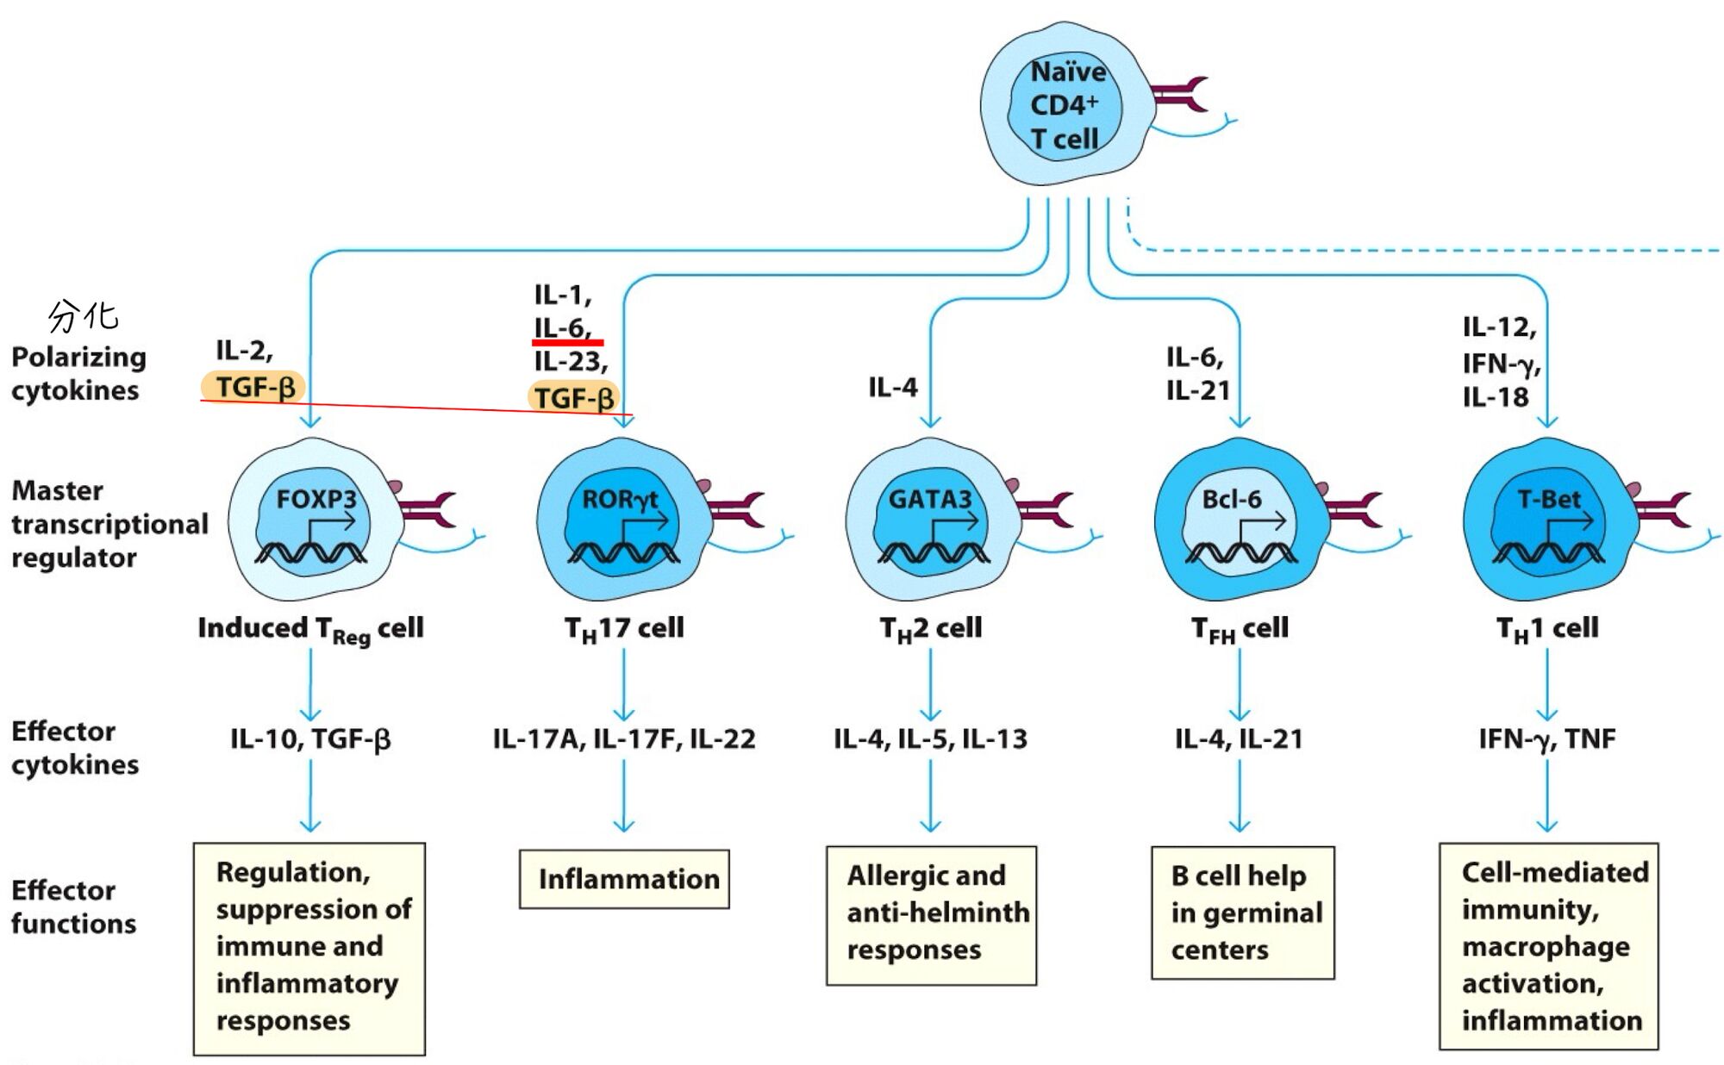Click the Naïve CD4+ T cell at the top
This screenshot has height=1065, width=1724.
1065,104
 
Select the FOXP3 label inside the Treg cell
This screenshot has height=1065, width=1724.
316,499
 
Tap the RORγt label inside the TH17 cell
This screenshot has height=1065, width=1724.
620,499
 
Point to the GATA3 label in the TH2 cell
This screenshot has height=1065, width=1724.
930,499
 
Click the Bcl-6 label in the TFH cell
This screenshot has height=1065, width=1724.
1232,499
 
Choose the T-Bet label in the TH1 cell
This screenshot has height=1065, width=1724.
1549,499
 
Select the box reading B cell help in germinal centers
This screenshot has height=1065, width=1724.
1243,912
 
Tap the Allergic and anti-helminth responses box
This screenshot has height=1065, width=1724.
931,913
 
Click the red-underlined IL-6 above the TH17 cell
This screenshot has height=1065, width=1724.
562,328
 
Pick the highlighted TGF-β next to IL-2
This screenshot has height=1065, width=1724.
254,387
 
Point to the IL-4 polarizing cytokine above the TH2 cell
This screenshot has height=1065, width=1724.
893,388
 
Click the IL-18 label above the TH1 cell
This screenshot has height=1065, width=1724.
1496,397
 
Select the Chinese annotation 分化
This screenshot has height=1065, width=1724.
83,316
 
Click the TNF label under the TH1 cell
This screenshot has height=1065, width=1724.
1590,738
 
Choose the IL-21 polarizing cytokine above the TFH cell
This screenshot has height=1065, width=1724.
1198,390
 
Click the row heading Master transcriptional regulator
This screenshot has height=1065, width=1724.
109,524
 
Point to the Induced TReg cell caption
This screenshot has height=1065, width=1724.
310,629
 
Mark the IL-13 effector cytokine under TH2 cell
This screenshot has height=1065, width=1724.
995,738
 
